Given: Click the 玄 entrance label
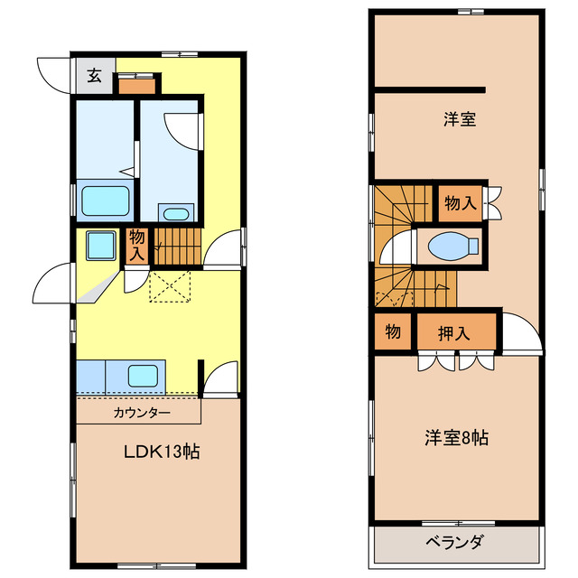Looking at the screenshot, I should (x=93, y=76).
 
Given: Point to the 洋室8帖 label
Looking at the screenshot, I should (x=457, y=439).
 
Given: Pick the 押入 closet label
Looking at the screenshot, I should (x=454, y=332).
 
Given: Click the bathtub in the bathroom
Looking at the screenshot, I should (x=106, y=200).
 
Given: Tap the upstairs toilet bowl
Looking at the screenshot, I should (x=452, y=246).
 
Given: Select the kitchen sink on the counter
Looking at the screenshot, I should (x=144, y=374).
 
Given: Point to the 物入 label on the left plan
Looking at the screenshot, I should (x=136, y=246).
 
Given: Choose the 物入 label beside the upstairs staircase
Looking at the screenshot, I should (x=460, y=203).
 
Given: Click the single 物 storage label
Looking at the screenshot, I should (x=393, y=331).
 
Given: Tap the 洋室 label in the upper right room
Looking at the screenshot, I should (x=460, y=118).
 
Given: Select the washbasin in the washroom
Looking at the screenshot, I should (x=175, y=213).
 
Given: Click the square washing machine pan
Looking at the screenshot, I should (x=99, y=245).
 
